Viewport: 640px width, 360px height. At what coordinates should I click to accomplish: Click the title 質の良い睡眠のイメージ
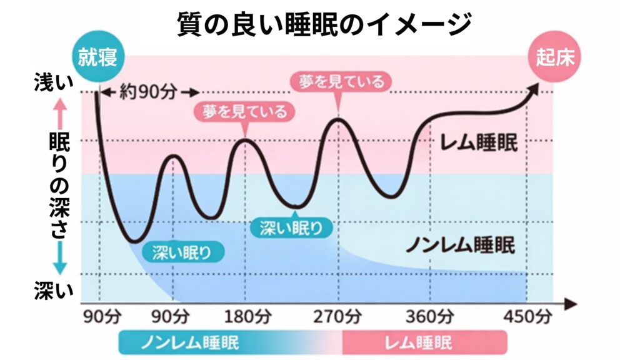[320, 24]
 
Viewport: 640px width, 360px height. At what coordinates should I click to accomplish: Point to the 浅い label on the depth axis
[54, 84]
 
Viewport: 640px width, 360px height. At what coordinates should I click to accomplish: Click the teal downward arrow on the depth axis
[59, 260]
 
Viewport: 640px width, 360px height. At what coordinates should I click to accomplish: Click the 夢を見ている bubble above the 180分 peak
[244, 112]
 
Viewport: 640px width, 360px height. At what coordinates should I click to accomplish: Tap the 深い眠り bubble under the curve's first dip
[181, 252]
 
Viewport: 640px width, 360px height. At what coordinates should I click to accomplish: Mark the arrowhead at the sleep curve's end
[534, 89]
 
